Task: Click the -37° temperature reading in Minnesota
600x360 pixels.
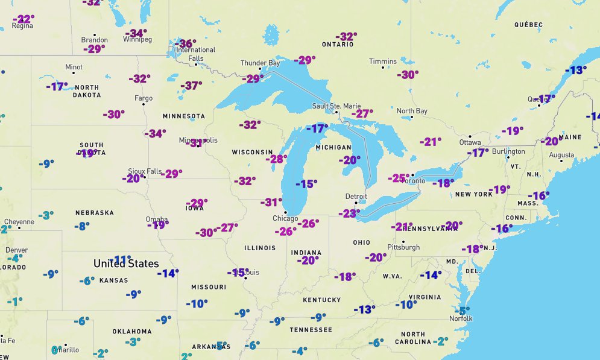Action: [191, 86]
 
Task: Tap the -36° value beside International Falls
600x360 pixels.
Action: [185, 43]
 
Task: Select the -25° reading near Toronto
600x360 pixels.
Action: [398, 178]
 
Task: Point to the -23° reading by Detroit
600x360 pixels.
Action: [349, 213]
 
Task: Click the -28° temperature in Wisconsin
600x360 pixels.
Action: [277, 159]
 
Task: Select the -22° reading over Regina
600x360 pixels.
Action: [24, 19]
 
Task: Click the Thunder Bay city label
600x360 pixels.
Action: [260, 63]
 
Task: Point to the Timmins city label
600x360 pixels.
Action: [383, 62]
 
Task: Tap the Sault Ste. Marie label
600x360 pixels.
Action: [336, 106]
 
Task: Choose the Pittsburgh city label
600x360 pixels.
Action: [403, 247]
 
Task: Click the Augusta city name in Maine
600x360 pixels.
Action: [561, 155]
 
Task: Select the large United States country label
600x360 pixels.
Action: [126, 264]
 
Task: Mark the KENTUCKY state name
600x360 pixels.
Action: [321, 300]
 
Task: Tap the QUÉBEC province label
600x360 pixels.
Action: [528, 25]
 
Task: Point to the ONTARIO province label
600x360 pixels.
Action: [337, 45]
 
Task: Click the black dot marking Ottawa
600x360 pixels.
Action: [470, 136]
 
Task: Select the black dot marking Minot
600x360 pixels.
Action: [74, 73]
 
